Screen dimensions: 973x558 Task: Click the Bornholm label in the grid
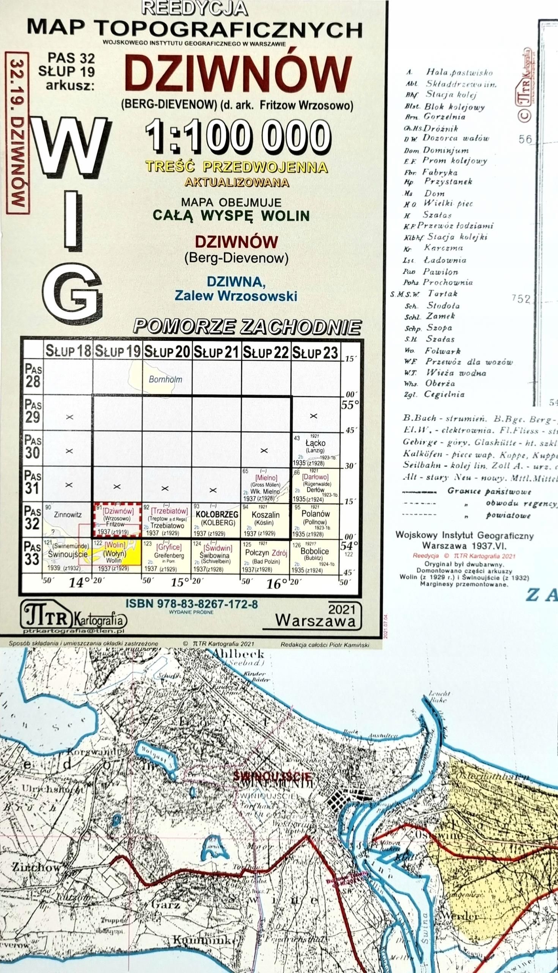165,379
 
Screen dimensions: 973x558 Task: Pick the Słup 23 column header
315,352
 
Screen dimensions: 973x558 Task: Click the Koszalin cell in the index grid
266,520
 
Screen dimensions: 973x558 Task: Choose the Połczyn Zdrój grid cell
266,556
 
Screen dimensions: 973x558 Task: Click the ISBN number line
192,604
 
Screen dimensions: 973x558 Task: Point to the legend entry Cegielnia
445,395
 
